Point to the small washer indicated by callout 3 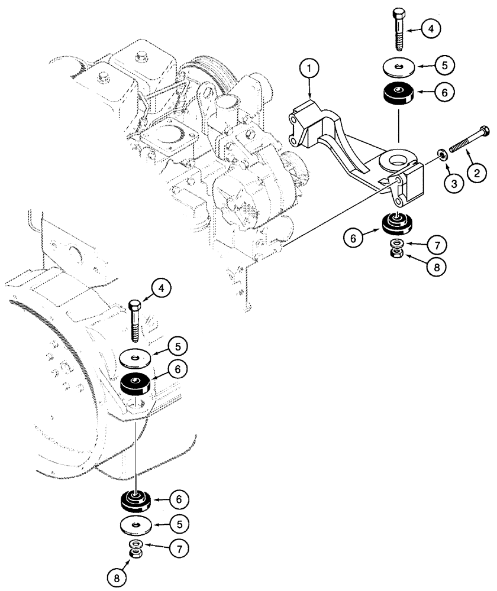(x=441, y=155)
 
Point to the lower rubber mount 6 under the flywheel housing (x=137, y=501)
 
